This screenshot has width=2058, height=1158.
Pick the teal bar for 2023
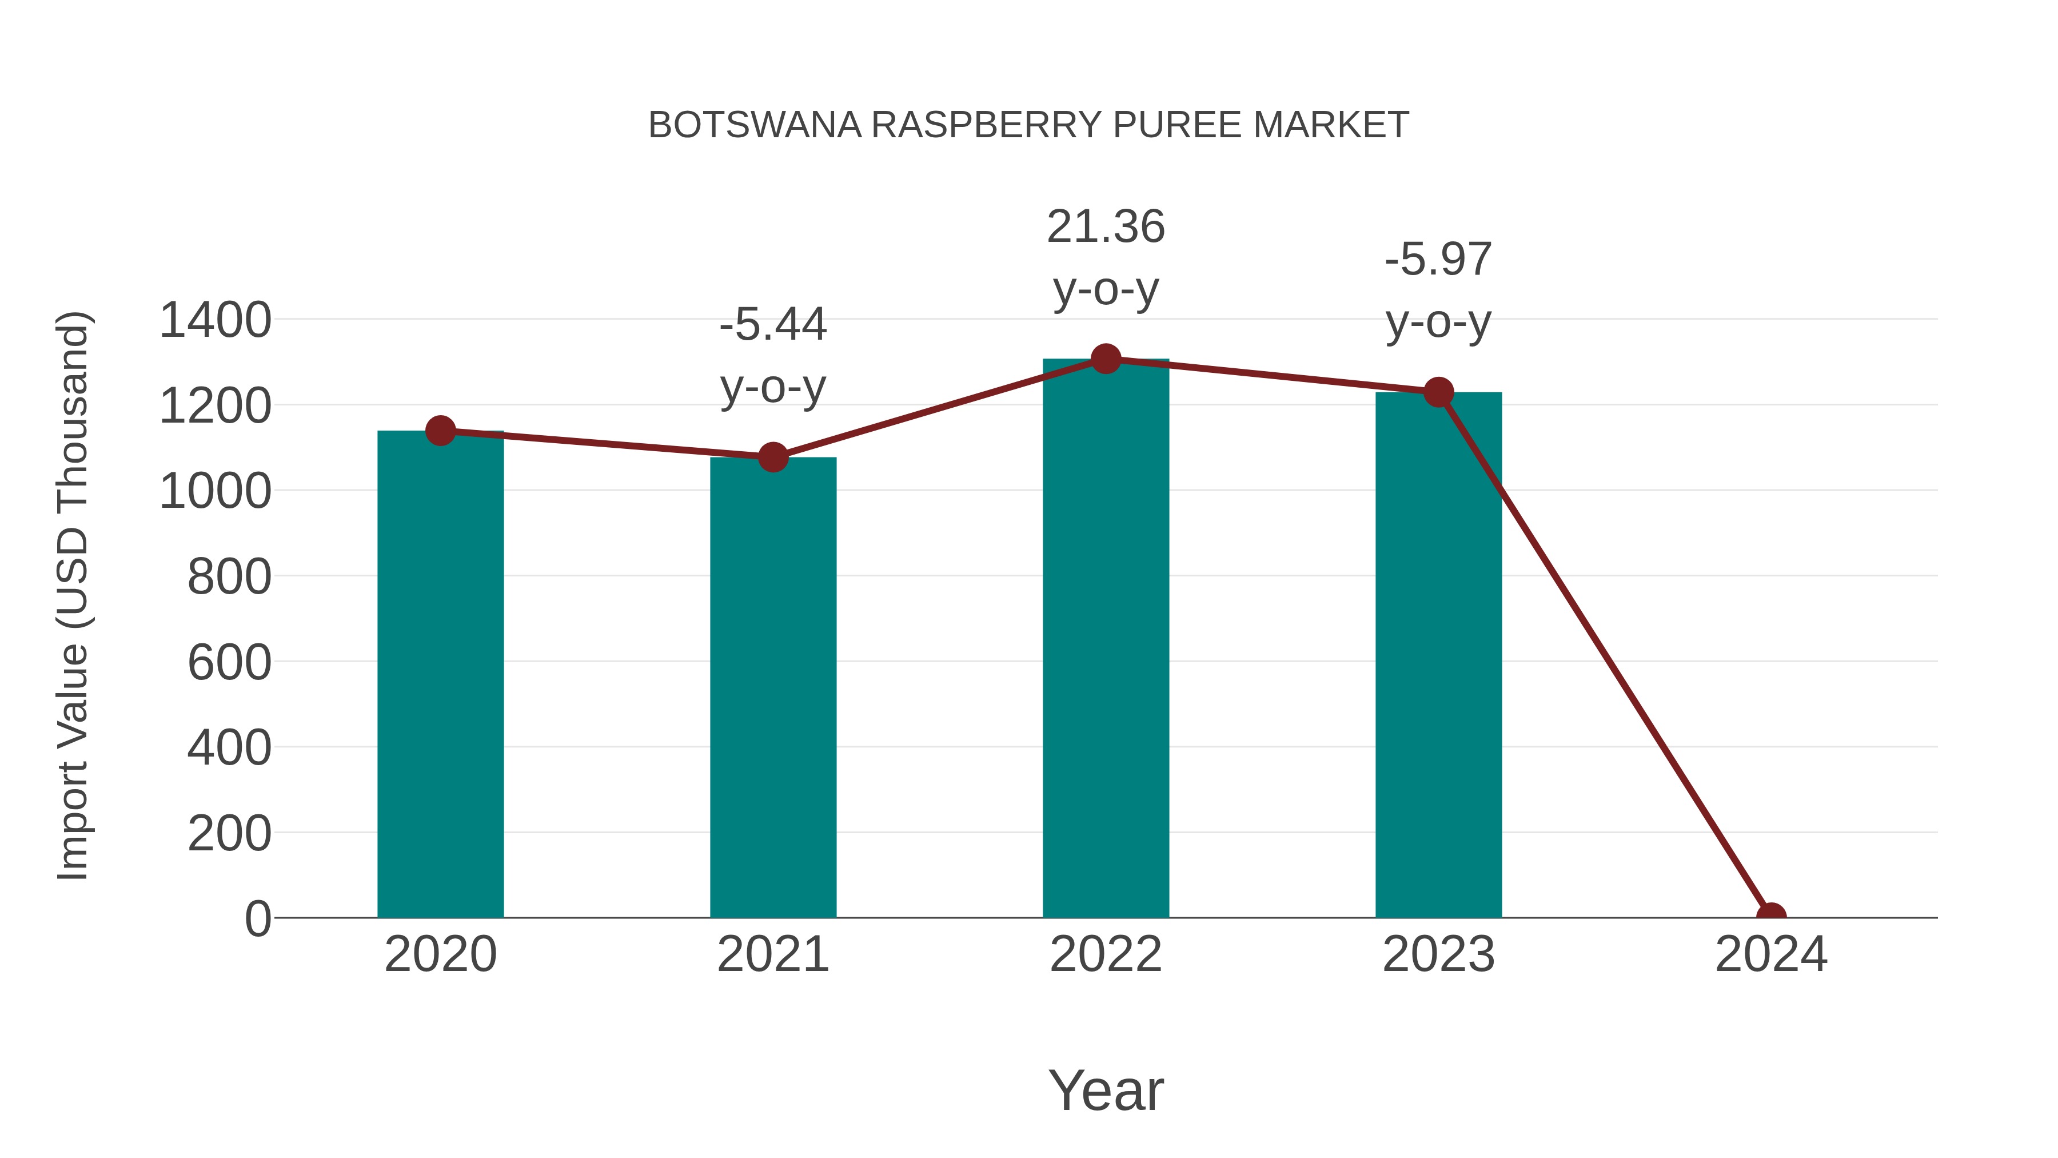click(1438, 655)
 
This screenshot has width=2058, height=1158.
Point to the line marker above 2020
click(440, 431)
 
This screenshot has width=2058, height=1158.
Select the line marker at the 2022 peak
click(1106, 359)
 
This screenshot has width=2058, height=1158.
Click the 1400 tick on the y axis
click(216, 320)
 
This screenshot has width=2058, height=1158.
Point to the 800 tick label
click(229, 577)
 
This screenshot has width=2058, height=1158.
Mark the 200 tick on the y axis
click(229, 834)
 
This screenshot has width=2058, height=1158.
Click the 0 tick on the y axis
click(258, 919)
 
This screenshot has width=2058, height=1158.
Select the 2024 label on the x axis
click(1770, 954)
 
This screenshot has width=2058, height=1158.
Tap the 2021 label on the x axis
click(772, 954)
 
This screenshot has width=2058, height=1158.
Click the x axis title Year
click(1106, 1090)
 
